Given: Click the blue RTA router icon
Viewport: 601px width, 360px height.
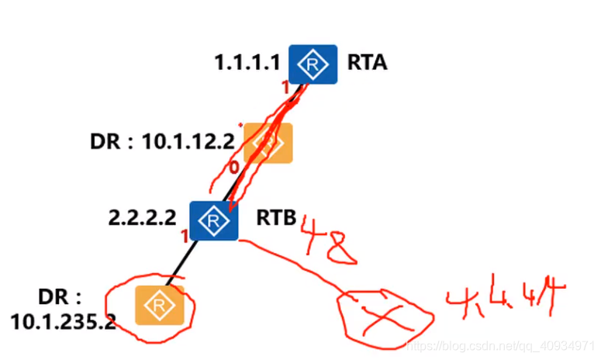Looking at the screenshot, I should (313, 64).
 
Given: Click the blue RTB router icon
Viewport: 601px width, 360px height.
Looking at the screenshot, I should (212, 221).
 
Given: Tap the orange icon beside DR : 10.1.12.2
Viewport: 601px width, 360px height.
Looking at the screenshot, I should (268, 143).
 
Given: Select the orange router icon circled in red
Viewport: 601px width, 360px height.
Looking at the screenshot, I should (159, 305).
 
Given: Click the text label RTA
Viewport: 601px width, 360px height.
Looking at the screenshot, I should (367, 63).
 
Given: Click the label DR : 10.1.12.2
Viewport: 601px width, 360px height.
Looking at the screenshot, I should (161, 143).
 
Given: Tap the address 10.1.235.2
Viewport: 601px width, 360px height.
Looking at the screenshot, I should (64, 320).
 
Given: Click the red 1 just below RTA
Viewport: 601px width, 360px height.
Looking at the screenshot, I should (285, 88).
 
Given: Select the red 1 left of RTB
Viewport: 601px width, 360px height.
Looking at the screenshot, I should (184, 235).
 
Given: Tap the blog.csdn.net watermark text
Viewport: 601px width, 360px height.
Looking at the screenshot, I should (497, 341).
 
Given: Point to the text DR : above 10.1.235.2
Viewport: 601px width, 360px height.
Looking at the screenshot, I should (59, 297).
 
